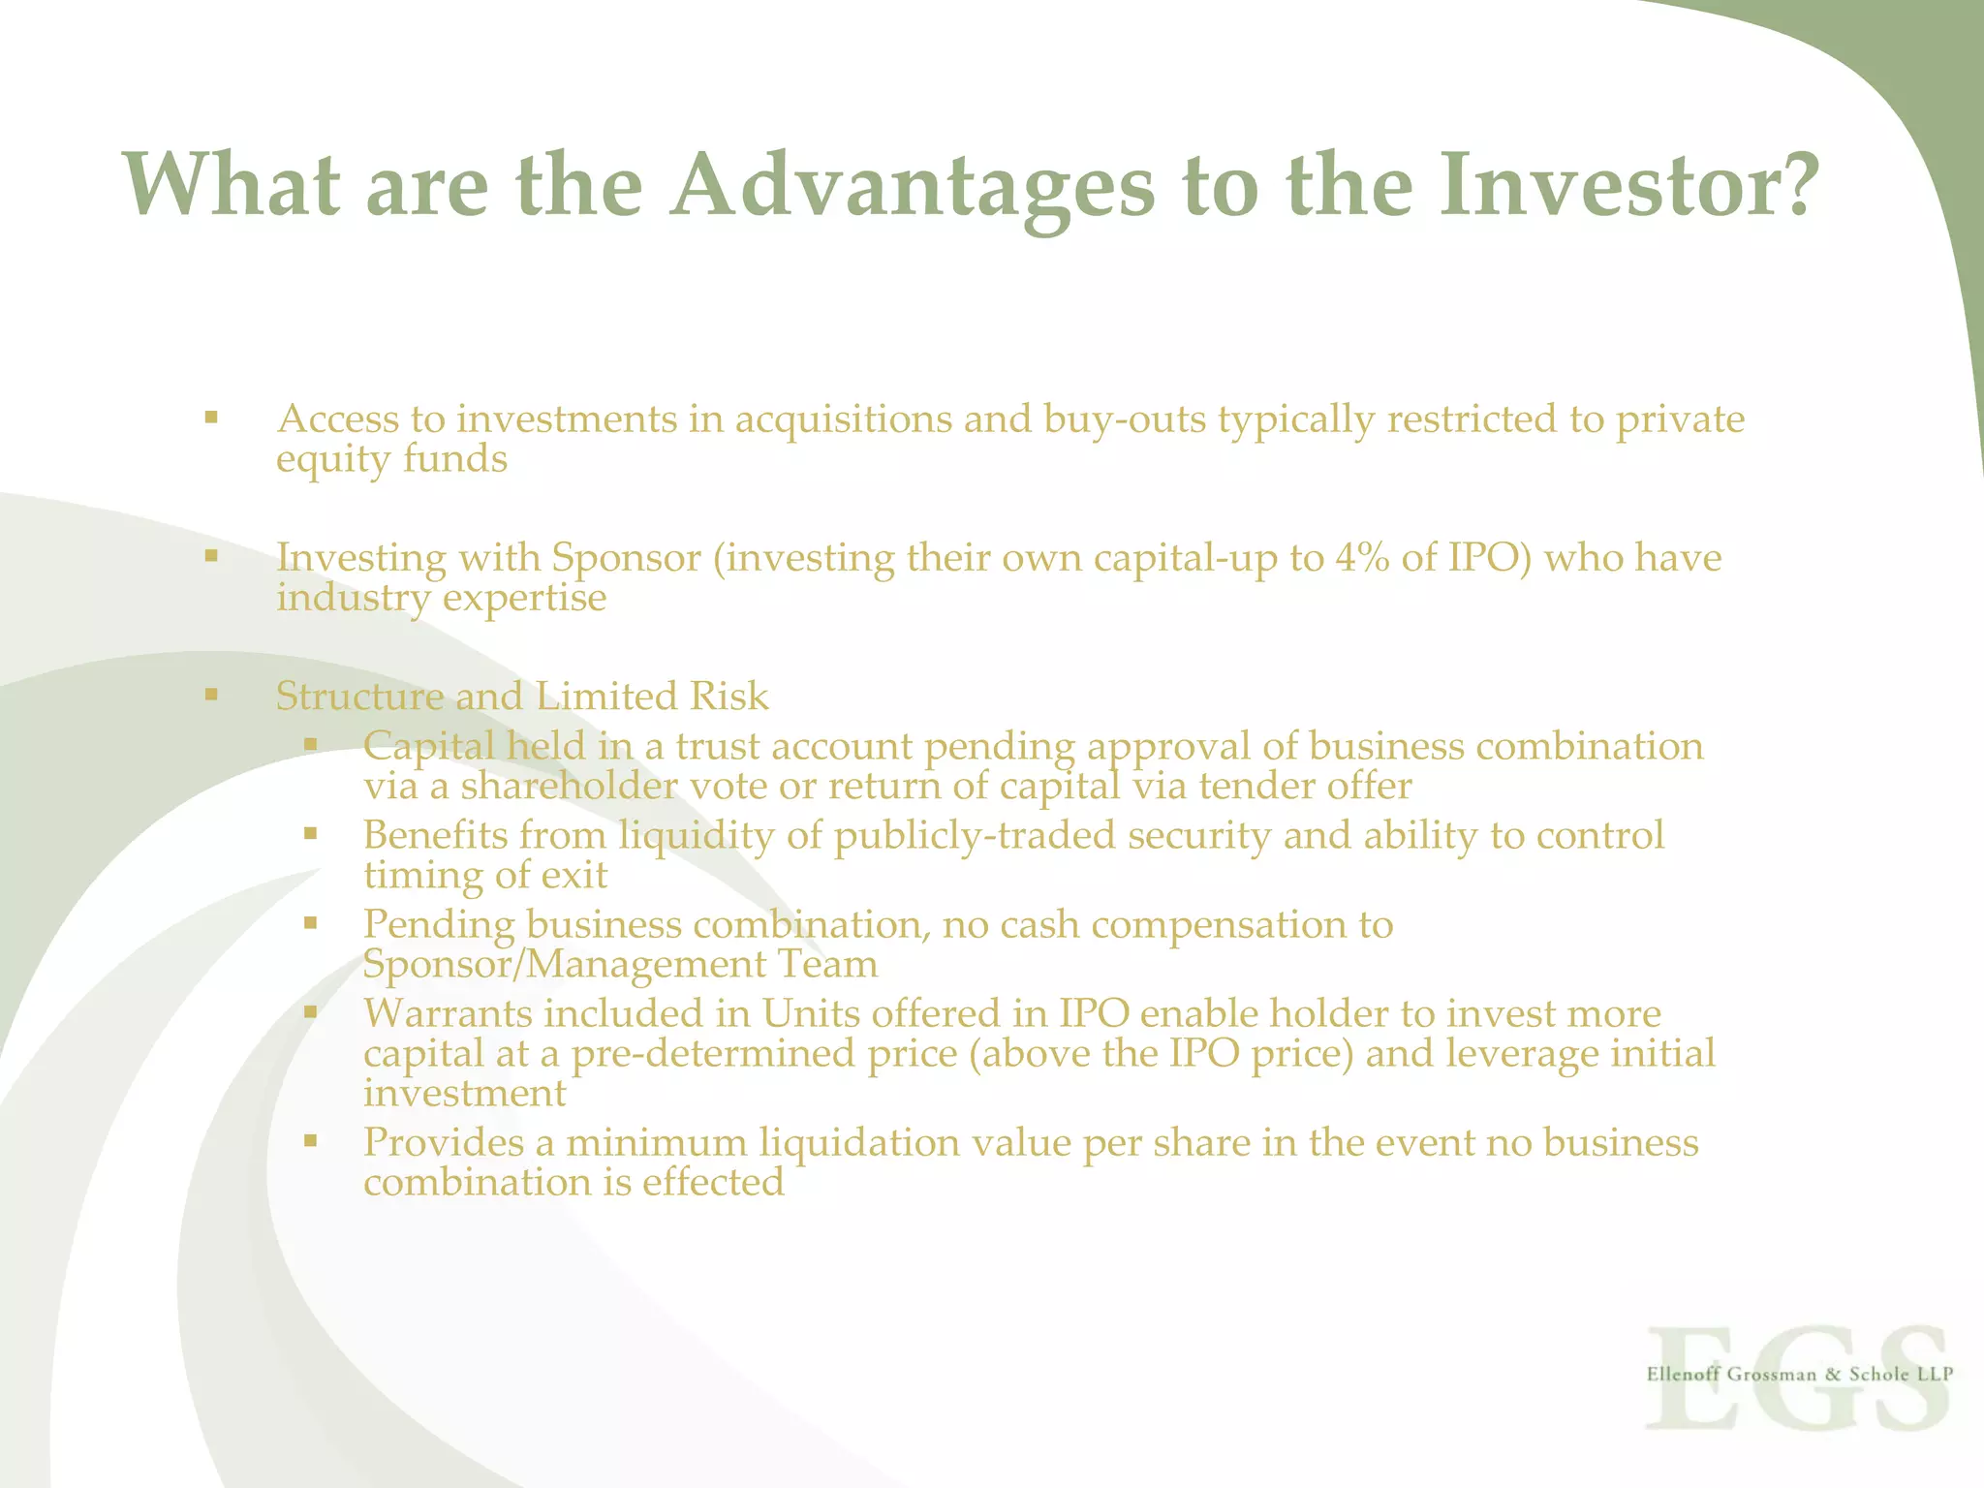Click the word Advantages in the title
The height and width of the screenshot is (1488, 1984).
914,186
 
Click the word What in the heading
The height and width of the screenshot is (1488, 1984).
232,186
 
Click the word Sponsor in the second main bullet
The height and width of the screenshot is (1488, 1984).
626,558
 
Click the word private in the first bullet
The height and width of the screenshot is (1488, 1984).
1680,419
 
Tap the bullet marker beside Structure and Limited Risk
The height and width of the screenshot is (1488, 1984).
211,694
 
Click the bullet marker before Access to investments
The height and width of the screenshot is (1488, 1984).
211,418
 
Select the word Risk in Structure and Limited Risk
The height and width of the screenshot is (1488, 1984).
728,697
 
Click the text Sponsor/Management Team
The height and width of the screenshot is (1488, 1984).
620,965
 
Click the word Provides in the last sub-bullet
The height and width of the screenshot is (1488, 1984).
444,1143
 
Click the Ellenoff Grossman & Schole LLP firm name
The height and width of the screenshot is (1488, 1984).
1799,1374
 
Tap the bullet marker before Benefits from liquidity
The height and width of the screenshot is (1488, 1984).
310,832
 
